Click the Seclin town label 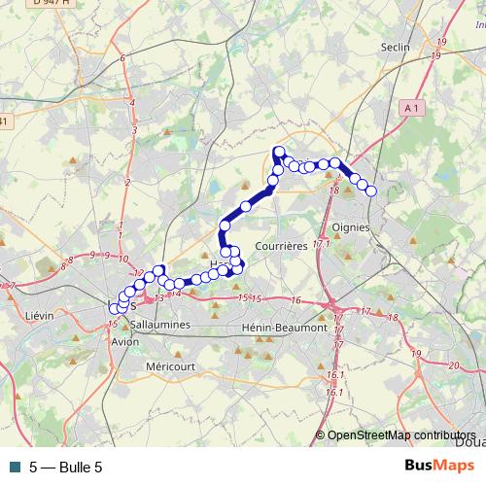[397, 46]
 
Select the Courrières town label [285, 246]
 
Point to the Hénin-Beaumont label [286, 329]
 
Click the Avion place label [125, 342]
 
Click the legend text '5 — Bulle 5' [65, 468]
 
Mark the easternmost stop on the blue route [370, 191]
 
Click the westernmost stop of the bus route [114, 308]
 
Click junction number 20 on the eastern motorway [453, 364]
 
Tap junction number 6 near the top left [122, 58]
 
